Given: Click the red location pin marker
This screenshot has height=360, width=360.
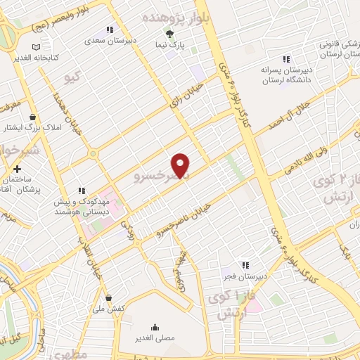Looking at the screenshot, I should [181, 165].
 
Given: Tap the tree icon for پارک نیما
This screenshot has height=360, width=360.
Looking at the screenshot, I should [168, 33].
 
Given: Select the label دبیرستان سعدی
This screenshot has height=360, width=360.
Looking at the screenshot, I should [104, 40].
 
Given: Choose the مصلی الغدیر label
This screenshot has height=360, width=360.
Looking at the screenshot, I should [154, 338].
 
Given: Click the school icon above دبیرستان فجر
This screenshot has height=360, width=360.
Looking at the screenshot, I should [245, 265].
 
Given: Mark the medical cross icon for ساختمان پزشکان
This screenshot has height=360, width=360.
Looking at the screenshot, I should [18, 169].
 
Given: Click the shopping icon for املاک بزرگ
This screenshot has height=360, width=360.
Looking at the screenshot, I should [32, 117].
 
